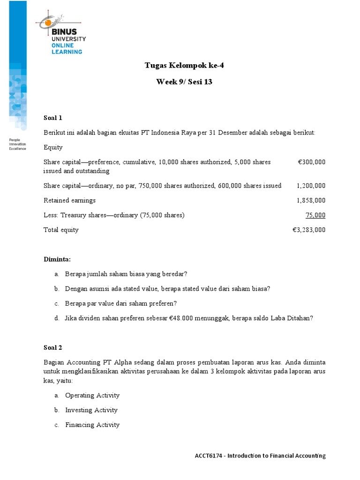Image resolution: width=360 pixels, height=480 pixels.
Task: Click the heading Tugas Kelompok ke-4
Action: coord(184,65)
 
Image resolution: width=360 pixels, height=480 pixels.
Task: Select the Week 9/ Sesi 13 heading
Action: coord(184,82)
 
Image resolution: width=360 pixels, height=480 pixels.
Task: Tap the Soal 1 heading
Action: coord(53,118)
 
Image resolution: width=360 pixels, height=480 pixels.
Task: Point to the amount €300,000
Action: coord(311,162)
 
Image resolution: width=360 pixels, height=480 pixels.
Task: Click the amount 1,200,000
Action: coord(311,186)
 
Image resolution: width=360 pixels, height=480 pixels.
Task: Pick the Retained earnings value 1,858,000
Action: coord(311,200)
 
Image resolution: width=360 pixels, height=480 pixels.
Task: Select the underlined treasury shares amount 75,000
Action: coord(315,215)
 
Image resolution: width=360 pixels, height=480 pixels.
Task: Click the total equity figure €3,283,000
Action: coord(308,230)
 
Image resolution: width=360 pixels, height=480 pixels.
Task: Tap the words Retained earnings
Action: coord(69,200)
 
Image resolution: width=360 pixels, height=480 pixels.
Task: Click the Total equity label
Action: coord(61,230)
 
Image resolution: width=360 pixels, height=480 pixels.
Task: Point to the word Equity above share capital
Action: coord(53,147)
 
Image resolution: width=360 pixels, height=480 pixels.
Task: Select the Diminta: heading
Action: coord(57,259)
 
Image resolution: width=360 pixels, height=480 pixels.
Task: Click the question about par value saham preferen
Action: coord(121,303)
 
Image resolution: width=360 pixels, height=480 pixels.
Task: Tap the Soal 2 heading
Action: coord(53,347)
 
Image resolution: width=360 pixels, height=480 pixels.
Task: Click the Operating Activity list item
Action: coord(92,395)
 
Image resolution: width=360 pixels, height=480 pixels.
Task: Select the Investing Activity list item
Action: coord(91,410)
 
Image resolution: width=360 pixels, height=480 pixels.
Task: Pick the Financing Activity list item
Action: coord(92,425)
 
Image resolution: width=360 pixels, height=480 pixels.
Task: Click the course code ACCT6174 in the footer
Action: coord(209,456)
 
